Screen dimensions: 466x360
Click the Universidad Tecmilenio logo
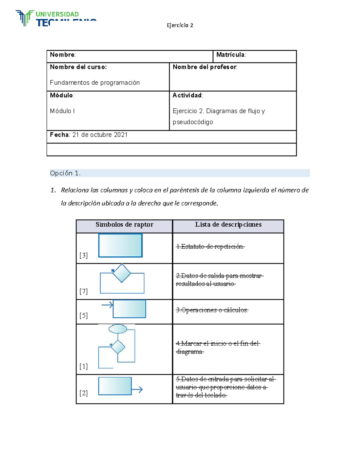click(56, 18)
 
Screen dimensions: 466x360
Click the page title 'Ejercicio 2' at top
click(180, 25)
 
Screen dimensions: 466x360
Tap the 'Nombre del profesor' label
click(205, 67)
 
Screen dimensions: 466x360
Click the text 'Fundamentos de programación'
click(95, 83)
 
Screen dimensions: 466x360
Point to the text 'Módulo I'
click(62, 111)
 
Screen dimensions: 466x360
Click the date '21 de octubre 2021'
click(100, 135)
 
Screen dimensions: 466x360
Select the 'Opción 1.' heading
click(65, 173)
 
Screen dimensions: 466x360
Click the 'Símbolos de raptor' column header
click(124, 224)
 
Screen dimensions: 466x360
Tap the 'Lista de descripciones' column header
click(228, 224)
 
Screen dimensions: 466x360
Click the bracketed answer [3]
click(83, 255)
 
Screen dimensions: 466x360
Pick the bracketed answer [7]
click(83, 291)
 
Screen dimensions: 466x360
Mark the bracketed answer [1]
click(83, 366)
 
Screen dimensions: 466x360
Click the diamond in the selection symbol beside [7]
click(121, 273)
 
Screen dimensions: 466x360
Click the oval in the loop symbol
click(118, 329)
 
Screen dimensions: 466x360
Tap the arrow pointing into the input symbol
click(107, 305)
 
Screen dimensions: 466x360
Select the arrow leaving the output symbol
click(137, 390)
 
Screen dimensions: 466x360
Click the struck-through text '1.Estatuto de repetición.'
click(210, 246)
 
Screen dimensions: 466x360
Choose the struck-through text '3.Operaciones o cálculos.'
click(212, 310)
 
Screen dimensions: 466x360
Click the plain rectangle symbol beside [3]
click(120, 245)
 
